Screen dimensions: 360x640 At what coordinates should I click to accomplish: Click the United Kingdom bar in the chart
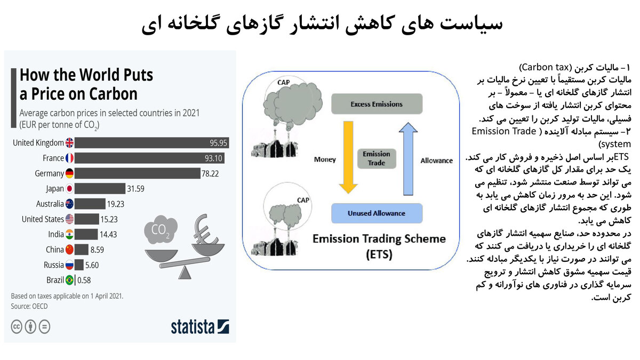click(152, 143)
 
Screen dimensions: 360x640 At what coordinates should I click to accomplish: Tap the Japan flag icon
click(69, 188)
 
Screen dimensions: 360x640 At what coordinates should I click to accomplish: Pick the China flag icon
click(69, 249)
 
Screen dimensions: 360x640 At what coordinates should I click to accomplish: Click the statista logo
click(199, 326)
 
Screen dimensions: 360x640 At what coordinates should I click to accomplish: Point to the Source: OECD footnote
click(30, 307)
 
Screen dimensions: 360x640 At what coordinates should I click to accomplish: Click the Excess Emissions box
click(377, 104)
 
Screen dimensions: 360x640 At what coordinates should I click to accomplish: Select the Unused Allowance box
click(377, 213)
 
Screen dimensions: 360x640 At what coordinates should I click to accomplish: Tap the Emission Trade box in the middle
click(377, 158)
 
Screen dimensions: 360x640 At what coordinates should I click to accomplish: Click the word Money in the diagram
click(325, 159)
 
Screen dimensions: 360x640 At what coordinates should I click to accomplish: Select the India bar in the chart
click(86, 234)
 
